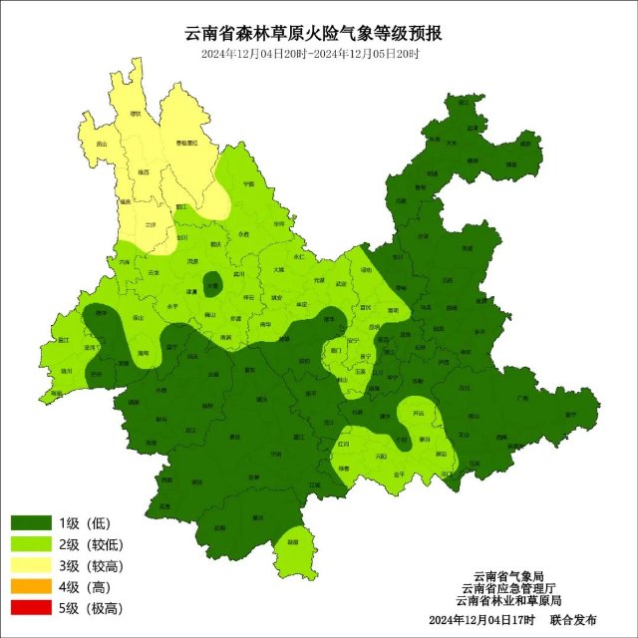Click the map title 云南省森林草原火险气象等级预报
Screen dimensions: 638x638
point(319,33)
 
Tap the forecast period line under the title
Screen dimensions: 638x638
point(319,54)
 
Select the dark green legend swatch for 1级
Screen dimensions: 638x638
point(33,523)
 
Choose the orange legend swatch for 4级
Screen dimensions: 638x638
point(33,587)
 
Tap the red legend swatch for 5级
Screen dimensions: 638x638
point(33,608)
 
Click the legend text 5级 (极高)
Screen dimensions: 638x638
point(89,608)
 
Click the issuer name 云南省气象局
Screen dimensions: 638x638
point(508,575)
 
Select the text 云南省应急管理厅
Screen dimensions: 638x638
point(508,588)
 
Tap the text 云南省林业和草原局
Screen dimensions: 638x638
point(508,601)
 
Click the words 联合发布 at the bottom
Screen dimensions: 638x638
point(577,621)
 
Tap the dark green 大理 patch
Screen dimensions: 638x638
point(212,284)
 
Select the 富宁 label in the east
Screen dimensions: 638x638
point(570,414)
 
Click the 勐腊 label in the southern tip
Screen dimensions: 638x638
point(292,541)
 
